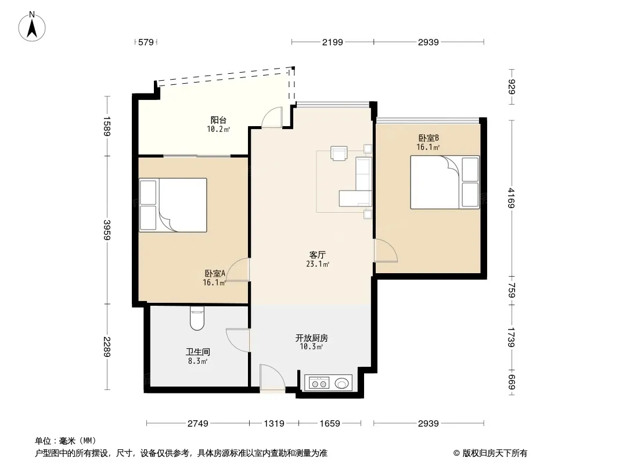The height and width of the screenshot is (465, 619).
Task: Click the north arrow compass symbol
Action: (x=32, y=27)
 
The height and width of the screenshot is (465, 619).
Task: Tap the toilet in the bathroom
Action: (x=197, y=319)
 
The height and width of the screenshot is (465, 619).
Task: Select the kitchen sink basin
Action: (x=342, y=383)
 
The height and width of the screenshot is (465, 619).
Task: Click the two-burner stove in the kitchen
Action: (x=319, y=383)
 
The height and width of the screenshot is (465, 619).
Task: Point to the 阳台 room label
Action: (x=218, y=120)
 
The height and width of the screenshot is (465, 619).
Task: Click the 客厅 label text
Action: (x=318, y=255)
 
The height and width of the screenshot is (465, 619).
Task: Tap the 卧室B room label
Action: (x=429, y=138)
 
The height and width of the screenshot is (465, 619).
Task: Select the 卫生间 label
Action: (x=198, y=352)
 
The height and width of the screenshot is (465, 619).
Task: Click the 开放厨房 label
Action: (x=311, y=338)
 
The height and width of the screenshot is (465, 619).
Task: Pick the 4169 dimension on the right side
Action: (x=511, y=198)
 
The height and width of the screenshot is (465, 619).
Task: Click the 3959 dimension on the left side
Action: (x=107, y=230)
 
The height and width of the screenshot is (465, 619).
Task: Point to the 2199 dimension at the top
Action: (x=332, y=42)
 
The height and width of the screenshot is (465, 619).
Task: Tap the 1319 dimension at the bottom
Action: (x=274, y=424)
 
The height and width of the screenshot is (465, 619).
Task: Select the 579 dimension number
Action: (x=146, y=42)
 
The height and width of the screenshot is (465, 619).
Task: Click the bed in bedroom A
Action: (x=173, y=205)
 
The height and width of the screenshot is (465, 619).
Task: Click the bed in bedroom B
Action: (x=445, y=182)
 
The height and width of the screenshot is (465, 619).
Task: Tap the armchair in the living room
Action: (x=339, y=153)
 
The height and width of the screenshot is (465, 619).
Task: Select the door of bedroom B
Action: (x=386, y=251)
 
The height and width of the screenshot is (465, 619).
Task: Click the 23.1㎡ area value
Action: (x=318, y=264)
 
